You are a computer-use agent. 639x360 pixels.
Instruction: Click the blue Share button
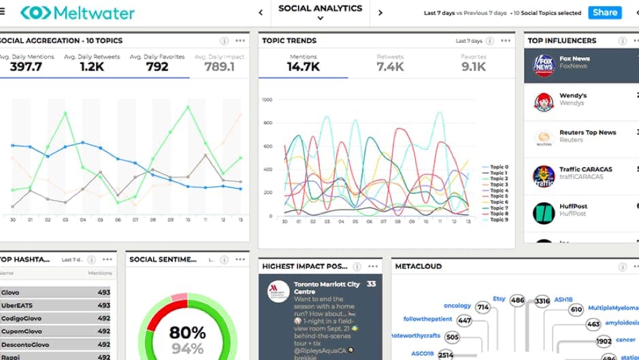[x=604, y=12]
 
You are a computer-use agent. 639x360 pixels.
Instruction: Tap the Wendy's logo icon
[x=543, y=101]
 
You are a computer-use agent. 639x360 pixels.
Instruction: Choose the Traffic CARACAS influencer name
[x=585, y=169]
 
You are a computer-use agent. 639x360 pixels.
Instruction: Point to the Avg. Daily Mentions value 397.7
[x=26, y=67]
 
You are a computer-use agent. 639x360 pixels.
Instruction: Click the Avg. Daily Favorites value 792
[x=157, y=67]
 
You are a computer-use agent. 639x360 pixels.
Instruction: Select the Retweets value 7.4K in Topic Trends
[x=391, y=67]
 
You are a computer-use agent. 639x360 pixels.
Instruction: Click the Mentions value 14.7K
[x=303, y=67]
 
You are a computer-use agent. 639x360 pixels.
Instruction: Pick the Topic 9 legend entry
[x=498, y=220]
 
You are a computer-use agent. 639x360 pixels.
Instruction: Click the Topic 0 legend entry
[x=498, y=167]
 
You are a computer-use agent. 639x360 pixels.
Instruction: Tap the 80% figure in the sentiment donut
[x=188, y=333]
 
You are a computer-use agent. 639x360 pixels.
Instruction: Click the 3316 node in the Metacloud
[x=542, y=300]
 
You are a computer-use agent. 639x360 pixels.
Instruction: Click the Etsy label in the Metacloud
[x=499, y=298]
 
